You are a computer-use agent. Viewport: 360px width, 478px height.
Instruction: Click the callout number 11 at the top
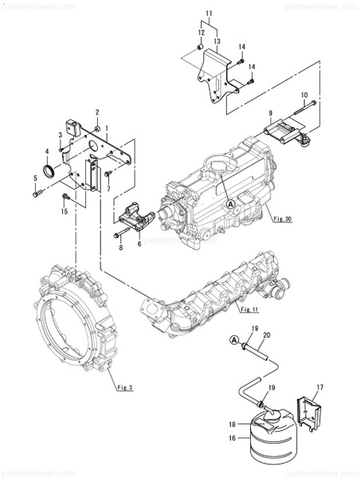[x=209, y=14]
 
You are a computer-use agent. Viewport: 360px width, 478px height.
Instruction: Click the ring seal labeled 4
[x=49, y=171]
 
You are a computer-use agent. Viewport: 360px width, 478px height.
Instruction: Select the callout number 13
[x=217, y=40]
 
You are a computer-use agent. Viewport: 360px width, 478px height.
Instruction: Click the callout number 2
[x=97, y=112]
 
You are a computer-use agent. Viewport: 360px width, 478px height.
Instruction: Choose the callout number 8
[x=121, y=249]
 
